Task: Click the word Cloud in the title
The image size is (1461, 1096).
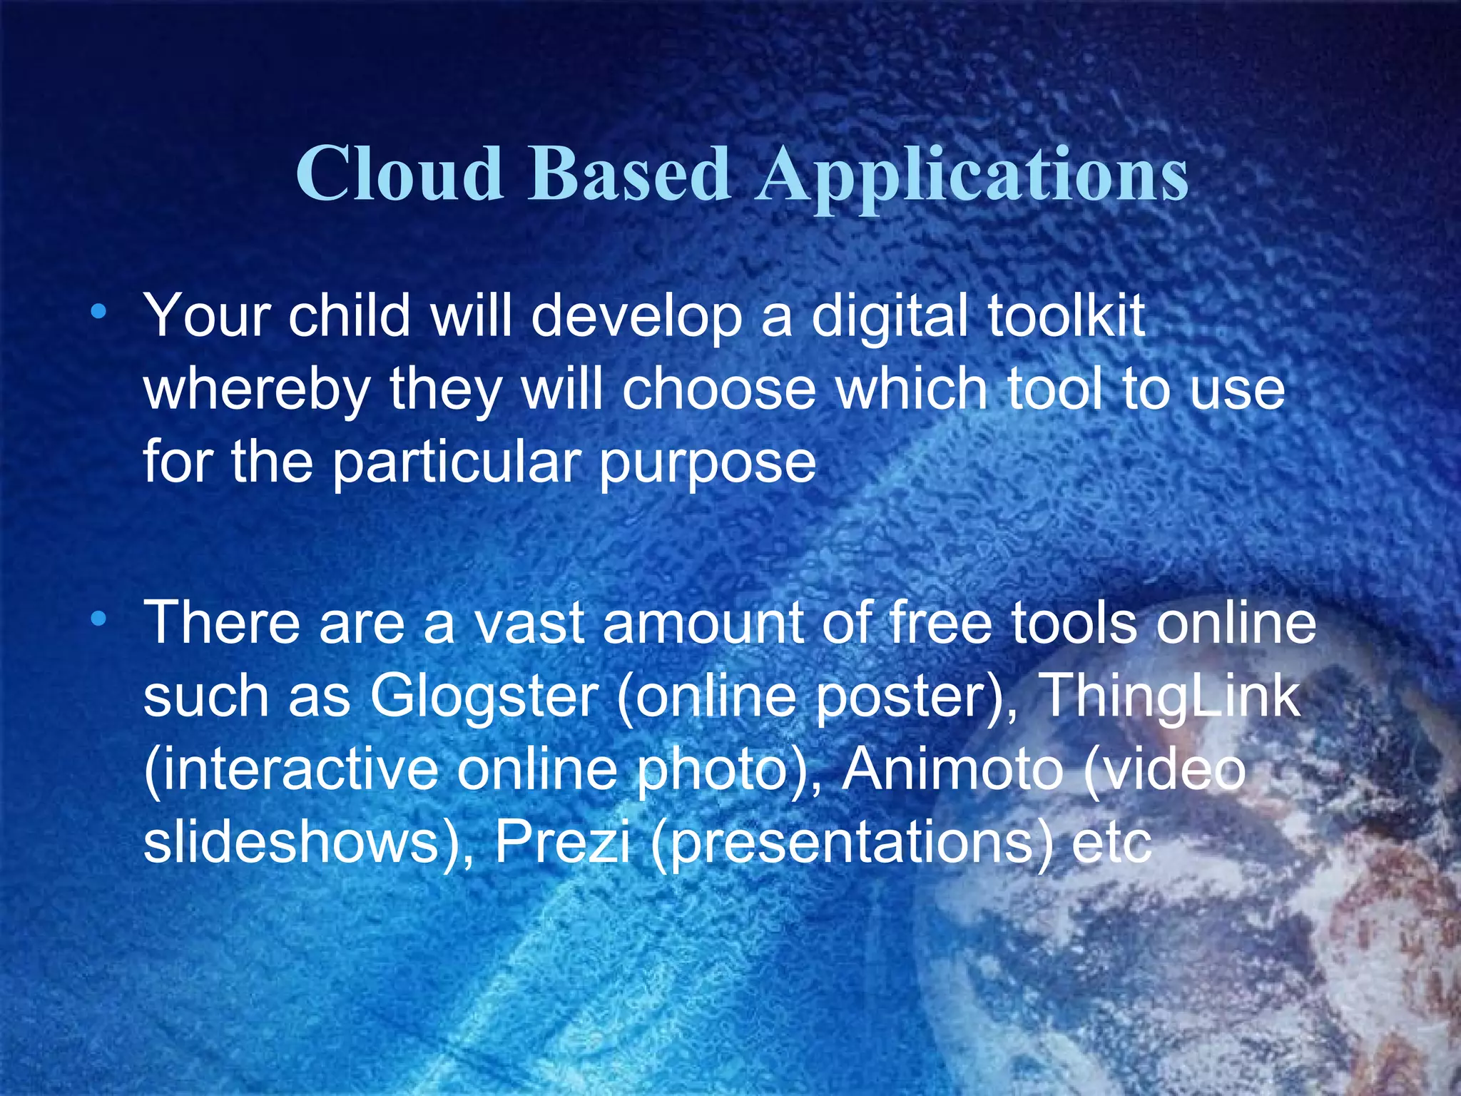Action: [399, 173]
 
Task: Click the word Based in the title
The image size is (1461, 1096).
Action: [629, 173]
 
